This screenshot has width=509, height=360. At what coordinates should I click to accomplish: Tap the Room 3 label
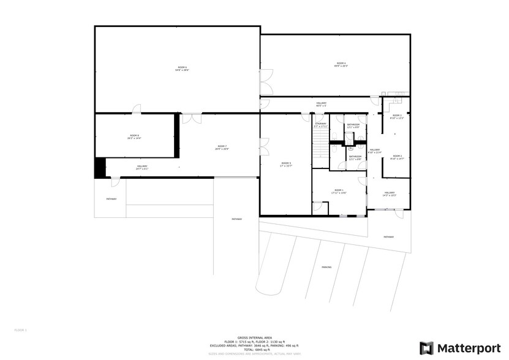pyautogui.click(x=397, y=116)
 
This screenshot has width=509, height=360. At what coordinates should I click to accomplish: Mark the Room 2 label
pyautogui.click(x=397, y=157)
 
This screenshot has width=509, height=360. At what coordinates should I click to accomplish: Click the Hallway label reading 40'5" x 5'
pyautogui.click(x=322, y=104)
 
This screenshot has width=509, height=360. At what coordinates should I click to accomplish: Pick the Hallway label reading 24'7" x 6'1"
pyautogui.click(x=142, y=167)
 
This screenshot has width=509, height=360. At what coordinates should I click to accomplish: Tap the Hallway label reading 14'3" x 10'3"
pyautogui.click(x=390, y=194)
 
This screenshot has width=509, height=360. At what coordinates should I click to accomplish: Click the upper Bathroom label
pyautogui.click(x=353, y=126)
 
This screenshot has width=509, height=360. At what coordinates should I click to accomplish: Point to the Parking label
pyautogui.click(x=326, y=268)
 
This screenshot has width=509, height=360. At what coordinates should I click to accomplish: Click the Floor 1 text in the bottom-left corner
pyautogui.click(x=21, y=330)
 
